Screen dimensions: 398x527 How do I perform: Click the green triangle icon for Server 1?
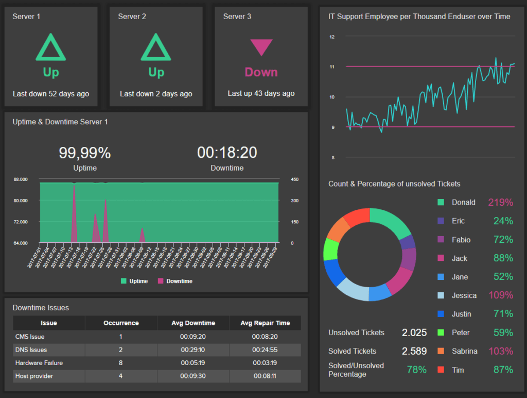(x=50, y=48)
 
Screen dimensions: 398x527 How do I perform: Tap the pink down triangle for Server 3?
(x=261, y=47)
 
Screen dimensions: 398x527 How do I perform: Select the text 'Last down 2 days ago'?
(x=156, y=94)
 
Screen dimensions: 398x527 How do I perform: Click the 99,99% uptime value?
(x=84, y=153)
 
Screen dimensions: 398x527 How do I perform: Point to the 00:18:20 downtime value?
(x=227, y=153)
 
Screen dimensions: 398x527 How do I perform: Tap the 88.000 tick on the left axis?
(x=21, y=179)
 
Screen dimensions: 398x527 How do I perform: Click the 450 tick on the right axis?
(x=295, y=179)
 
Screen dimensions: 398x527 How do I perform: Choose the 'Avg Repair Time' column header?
(x=265, y=323)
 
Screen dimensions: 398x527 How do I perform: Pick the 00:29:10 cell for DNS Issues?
(x=193, y=350)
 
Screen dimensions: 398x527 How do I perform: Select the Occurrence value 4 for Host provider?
(x=121, y=376)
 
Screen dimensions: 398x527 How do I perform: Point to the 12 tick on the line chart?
(x=332, y=37)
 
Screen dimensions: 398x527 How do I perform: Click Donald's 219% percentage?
(x=501, y=203)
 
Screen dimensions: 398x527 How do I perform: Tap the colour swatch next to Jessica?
(x=441, y=295)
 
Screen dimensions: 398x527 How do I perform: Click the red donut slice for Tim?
(x=355, y=217)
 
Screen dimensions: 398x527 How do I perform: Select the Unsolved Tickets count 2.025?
(x=414, y=333)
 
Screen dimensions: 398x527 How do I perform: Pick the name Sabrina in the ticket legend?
(x=464, y=351)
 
